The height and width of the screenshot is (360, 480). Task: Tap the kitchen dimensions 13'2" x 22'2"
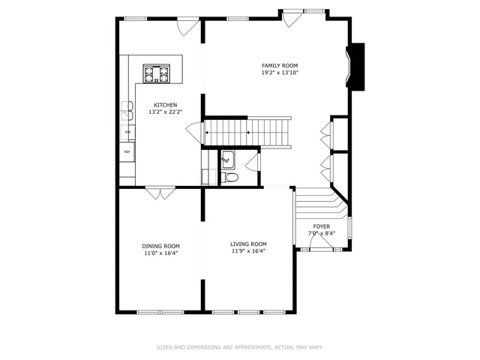(165, 112)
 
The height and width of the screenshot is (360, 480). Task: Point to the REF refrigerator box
(127, 151)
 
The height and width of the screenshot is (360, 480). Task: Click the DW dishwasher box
(127, 132)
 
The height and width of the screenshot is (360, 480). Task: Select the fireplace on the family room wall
(355, 67)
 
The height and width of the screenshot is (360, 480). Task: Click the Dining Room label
(160, 246)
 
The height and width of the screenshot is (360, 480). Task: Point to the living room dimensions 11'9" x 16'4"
(248, 251)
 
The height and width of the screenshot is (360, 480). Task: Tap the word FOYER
(321, 226)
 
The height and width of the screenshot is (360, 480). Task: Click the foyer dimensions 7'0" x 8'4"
(321, 233)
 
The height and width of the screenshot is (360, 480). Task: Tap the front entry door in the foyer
(323, 250)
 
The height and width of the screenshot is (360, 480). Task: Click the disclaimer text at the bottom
(239, 347)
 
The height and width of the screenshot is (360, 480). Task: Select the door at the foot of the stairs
(195, 133)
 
